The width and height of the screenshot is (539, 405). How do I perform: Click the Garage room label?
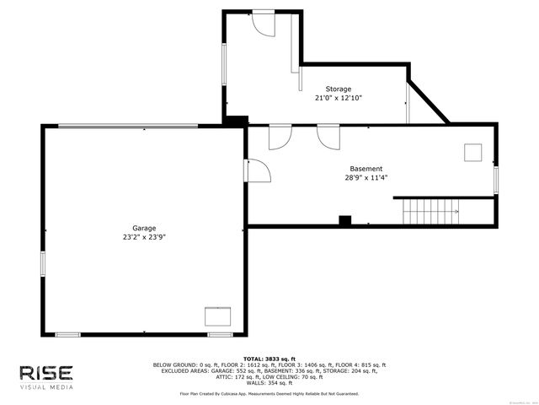[x=143, y=228]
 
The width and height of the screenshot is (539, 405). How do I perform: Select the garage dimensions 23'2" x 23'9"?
[x=143, y=237]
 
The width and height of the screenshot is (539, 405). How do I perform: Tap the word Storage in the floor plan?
[x=339, y=89]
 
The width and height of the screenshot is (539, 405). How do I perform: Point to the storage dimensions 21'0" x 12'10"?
[x=339, y=98]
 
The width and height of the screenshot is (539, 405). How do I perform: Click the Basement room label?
[x=366, y=169]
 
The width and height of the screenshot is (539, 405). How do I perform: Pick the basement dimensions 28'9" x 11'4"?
[x=366, y=178]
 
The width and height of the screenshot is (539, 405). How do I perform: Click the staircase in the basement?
[x=430, y=212]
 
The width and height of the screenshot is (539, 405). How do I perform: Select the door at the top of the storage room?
[x=264, y=23]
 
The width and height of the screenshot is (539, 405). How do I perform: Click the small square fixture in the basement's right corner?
[x=472, y=152]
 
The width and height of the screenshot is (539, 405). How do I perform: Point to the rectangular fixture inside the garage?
[x=218, y=316]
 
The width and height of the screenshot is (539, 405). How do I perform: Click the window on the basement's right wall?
[x=496, y=179]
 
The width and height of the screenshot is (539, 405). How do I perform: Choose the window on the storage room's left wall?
[x=224, y=63]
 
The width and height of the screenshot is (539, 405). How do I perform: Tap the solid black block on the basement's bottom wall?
[x=344, y=221]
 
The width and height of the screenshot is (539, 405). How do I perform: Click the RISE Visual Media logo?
[x=46, y=376]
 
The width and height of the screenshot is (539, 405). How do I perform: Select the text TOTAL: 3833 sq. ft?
[x=269, y=359]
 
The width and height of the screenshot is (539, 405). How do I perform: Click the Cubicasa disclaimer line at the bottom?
[x=269, y=393]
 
